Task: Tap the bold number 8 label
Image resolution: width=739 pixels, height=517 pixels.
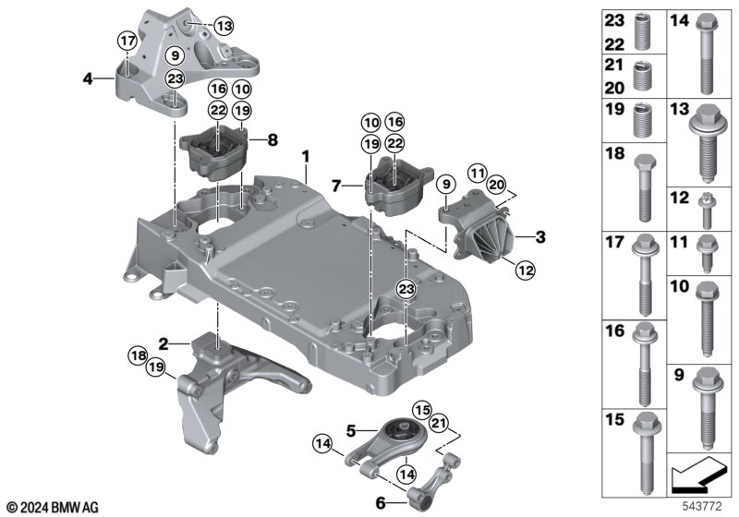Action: click(272, 140)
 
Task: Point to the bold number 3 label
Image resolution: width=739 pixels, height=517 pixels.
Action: click(541, 236)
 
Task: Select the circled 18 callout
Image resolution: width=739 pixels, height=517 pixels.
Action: click(138, 355)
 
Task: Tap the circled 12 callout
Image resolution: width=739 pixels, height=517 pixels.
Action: click(526, 271)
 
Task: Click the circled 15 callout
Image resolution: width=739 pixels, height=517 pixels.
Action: click(422, 409)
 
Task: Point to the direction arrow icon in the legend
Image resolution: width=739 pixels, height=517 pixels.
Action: click(695, 479)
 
